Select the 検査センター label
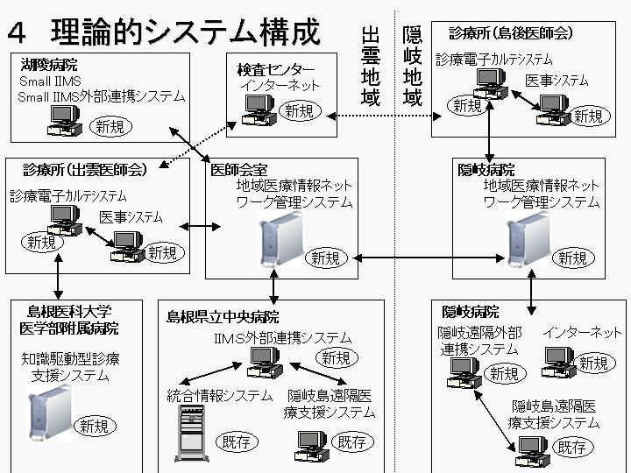click(x=275, y=69)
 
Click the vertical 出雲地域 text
click(x=371, y=66)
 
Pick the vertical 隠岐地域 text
click(x=412, y=66)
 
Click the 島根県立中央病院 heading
click(x=223, y=317)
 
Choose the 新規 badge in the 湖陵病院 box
click(x=112, y=127)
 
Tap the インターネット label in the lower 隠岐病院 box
click(x=582, y=333)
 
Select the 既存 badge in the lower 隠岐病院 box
click(x=572, y=448)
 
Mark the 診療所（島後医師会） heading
click(x=511, y=33)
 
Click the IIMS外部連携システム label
click(x=282, y=337)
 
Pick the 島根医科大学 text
click(x=69, y=311)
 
